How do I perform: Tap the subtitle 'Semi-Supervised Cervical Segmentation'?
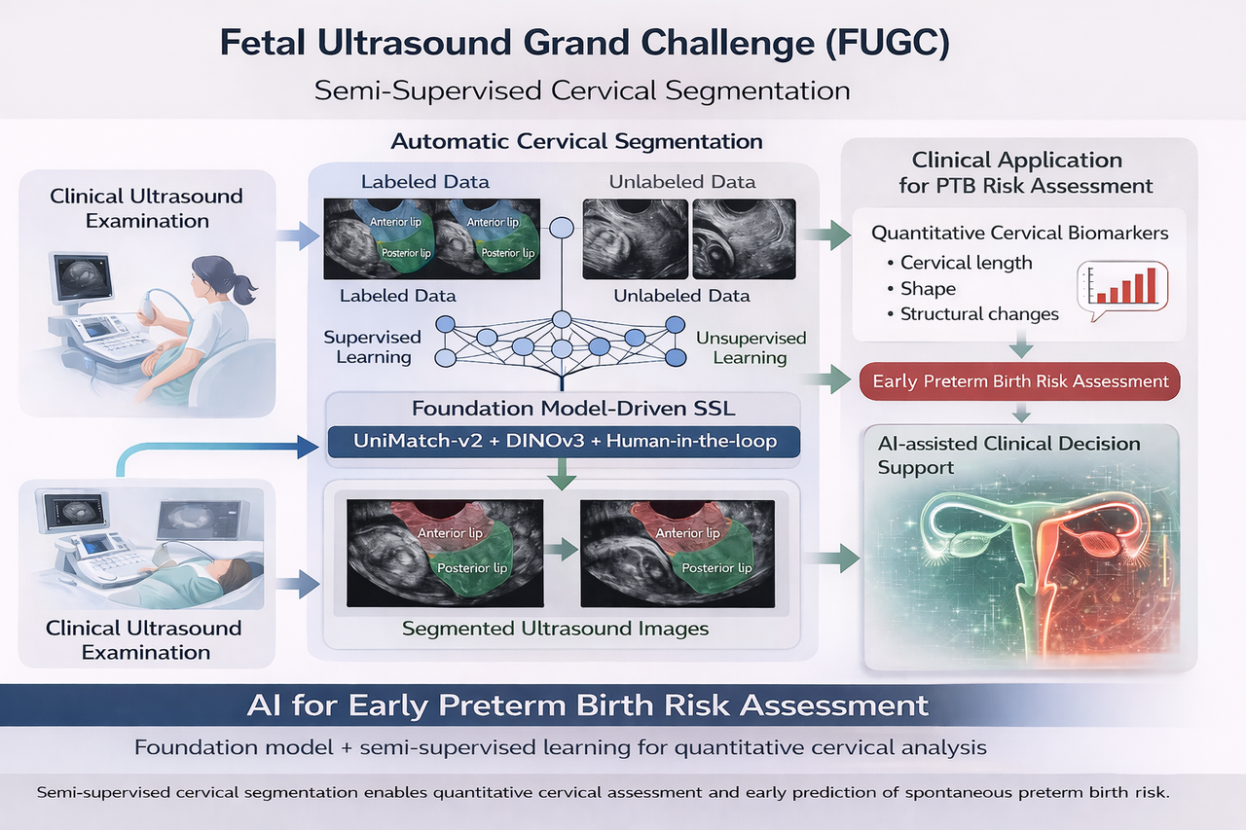coord(582,90)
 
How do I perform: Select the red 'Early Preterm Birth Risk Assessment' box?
coord(1020,380)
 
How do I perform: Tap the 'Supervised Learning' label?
coord(373,347)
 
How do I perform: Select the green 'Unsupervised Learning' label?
coord(750,347)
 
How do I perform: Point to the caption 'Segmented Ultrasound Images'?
coord(556,629)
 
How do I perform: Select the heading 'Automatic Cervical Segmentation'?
coord(576,141)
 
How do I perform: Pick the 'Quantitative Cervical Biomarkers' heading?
coord(1020,233)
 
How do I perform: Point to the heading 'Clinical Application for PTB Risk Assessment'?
coord(1017,172)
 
